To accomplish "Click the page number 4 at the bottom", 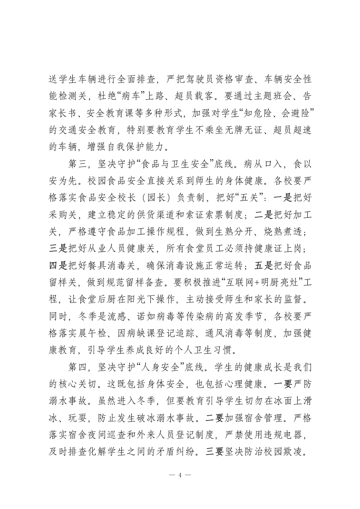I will [180, 475].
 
